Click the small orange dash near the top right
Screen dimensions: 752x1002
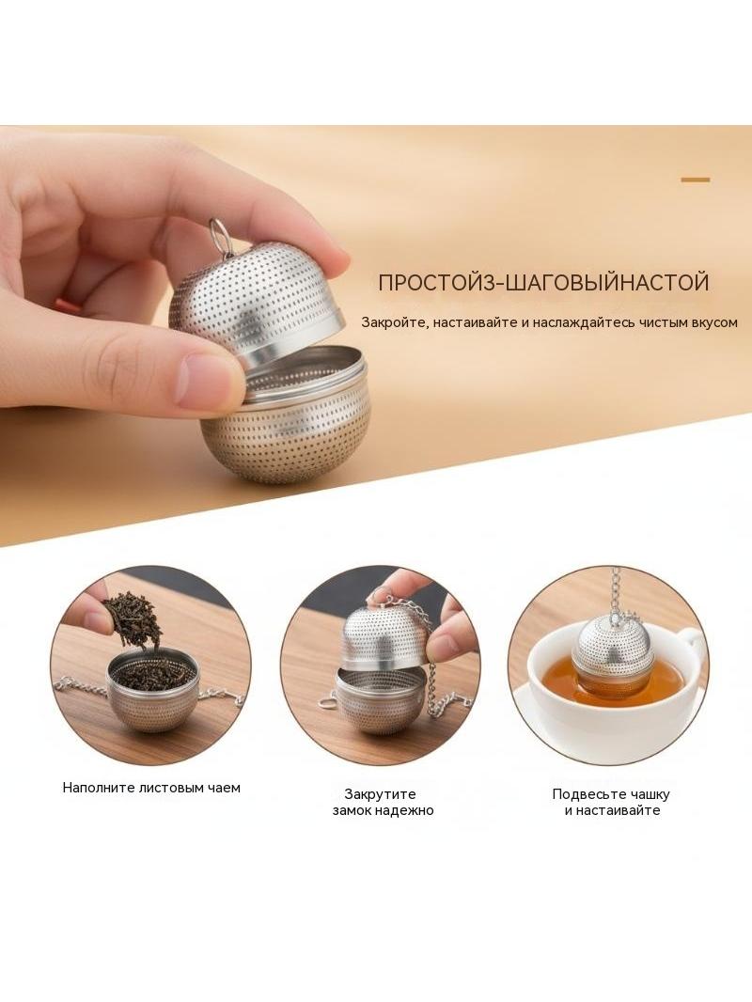click(x=696, y=180)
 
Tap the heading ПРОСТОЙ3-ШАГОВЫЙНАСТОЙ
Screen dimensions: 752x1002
click(x=543, y=282)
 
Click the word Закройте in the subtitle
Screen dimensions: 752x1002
click(x=394, y=322)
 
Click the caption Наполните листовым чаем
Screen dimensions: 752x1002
click(x=151, y=788)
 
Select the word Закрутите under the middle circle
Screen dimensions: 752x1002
click(x=380, y=794)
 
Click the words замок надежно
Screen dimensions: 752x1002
click(x=383, y=810)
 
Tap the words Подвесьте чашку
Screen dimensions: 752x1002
click(x=611, y=794)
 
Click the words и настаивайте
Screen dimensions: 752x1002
click(x=612, y=810)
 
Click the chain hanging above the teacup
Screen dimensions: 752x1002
click(x=617, y=591)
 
